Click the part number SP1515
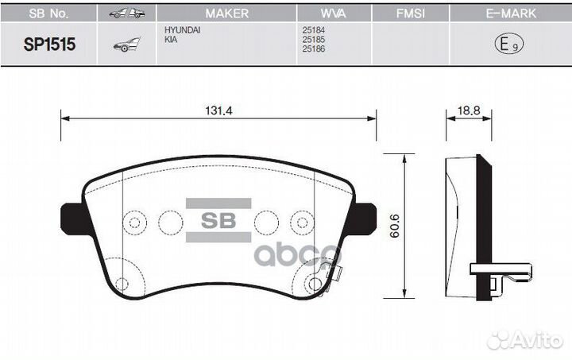[49, 45]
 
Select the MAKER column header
[226, 14]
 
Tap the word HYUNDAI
[182, 30]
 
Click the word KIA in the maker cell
[171, 40]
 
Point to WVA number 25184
[313, 30]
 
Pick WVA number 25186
[313, 49]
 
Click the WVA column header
[334, 14]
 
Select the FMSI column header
[411, 14]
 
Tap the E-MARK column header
[511, 14]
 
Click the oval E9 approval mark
[509, 44]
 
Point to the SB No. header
[48, 14]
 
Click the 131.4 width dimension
[218, 110]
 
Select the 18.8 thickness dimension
[469, 110]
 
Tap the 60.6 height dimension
[394, 226]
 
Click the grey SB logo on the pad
[218, 220]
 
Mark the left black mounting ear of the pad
[74, 219]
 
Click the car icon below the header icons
[126, 45]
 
